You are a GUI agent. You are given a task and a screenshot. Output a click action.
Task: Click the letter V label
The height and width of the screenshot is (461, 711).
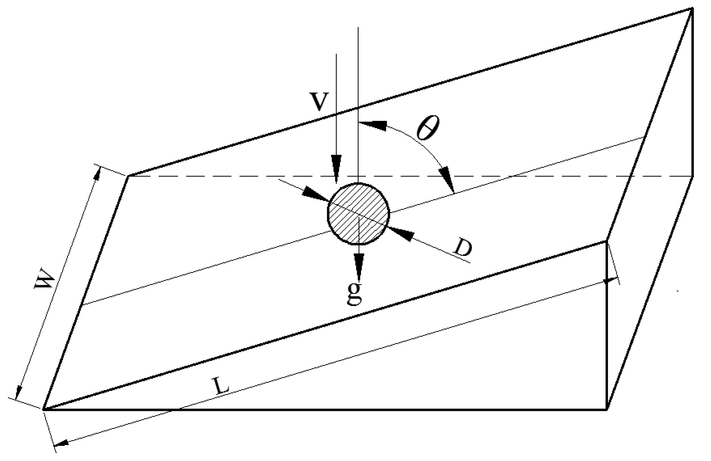click(319, 101)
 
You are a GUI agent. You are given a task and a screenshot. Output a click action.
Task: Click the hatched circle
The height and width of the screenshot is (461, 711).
click(359, 214)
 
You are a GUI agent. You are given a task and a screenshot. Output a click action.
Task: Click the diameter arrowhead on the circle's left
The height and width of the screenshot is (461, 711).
click(316, 195)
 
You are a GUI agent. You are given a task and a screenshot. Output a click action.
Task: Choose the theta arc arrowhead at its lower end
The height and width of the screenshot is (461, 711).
click(446, 179)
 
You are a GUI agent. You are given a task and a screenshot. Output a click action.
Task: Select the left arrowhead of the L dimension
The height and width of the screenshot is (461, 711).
click(62, 443)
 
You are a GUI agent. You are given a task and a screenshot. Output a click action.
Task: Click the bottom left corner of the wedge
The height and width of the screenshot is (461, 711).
click(44, 409)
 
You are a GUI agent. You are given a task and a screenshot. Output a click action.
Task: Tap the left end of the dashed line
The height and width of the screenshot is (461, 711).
click(129, 176)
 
